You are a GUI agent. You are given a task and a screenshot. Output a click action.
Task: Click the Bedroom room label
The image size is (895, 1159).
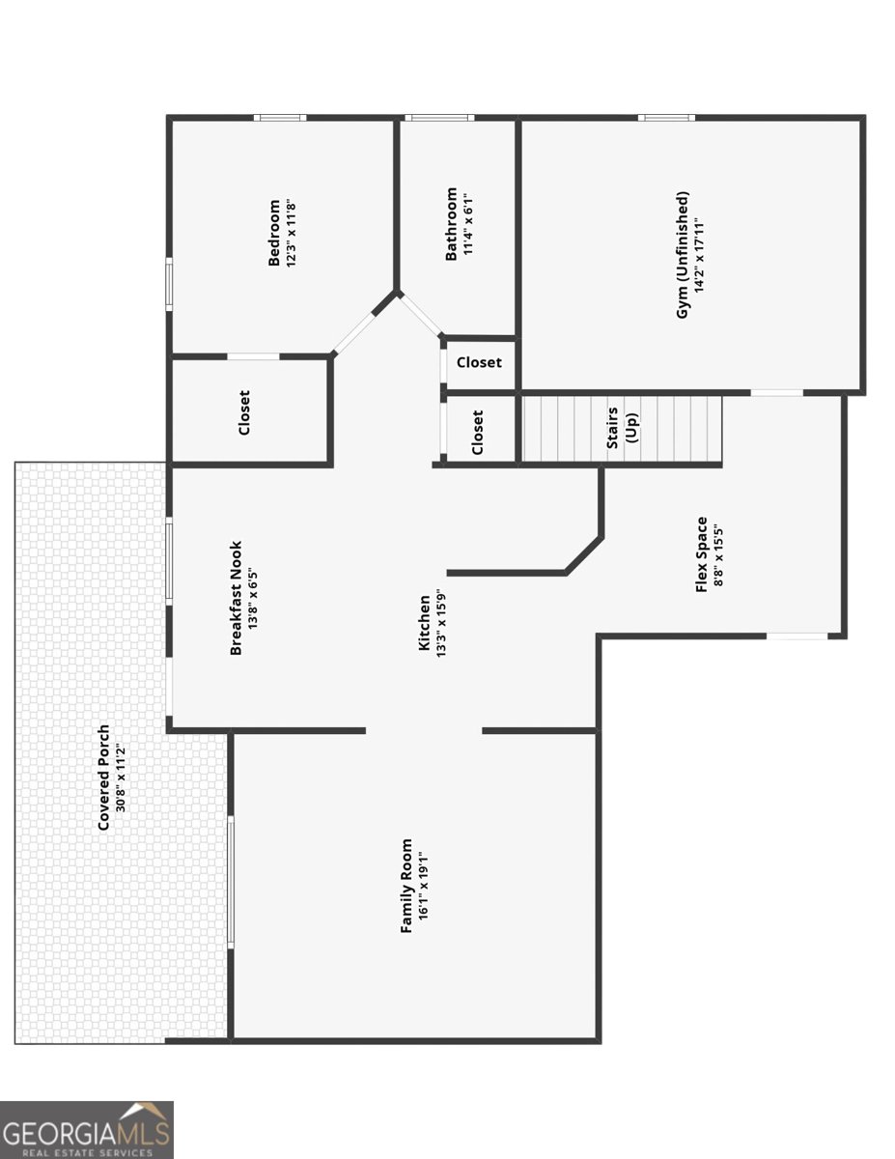click(x=274, y=232)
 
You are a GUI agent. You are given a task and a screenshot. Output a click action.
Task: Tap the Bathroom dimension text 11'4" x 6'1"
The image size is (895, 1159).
click(x=468, y=224)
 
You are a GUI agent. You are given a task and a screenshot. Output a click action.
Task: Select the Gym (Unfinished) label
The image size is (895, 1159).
click(x=682, y=255)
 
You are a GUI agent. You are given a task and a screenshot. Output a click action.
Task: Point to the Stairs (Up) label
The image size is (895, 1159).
click(x=622, y=427)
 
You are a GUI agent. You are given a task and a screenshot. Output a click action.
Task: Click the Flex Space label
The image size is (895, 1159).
click(x=702, y=554)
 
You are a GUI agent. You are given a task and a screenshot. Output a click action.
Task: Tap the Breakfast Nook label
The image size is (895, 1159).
click(x=236, y=598)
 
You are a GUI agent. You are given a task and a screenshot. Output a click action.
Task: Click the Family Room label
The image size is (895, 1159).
click(x=406, y=886)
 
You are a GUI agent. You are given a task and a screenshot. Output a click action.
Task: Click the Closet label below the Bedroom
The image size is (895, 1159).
click(x=244, y=412)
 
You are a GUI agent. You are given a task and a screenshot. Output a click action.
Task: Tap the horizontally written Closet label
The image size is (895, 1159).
click(x=479, y=362)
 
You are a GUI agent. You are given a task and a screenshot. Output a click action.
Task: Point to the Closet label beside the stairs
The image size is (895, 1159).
click(x=477, y=432)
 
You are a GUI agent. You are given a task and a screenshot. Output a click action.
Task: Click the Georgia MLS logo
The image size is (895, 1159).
click(x=86, y=1130)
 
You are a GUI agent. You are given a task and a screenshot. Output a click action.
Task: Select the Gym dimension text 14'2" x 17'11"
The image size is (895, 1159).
click(x=699, y=255)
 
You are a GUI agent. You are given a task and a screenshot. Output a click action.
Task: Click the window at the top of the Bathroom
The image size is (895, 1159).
click(x=439, y=118)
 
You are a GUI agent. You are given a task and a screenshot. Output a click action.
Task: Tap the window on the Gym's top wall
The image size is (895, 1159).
click(x=666, y=118)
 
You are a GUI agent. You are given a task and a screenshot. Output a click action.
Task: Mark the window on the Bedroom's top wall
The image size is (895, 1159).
click(x=280, y=118)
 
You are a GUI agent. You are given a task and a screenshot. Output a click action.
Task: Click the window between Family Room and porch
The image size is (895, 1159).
click(x=231, y=882)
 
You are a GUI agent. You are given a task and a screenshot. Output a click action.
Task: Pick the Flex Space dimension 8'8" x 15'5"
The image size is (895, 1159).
click(x=718, y=555)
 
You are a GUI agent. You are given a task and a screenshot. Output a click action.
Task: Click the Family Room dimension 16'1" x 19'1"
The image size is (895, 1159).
click(x=424, y=886)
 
